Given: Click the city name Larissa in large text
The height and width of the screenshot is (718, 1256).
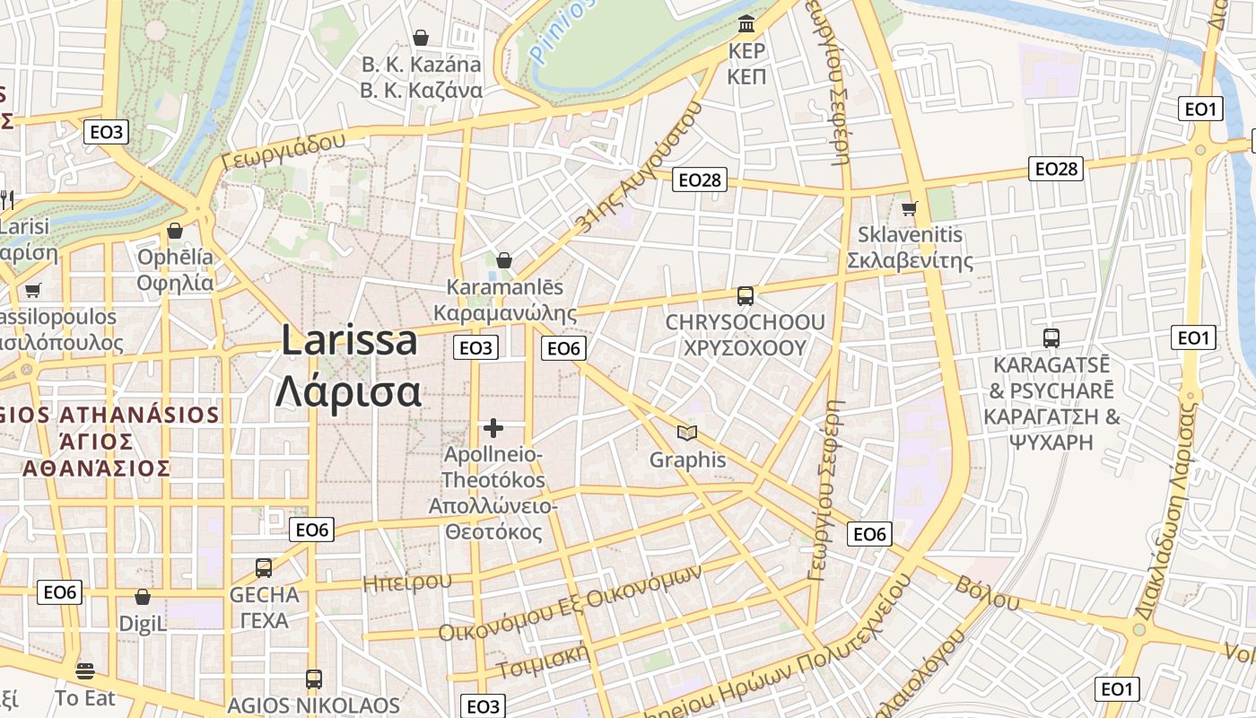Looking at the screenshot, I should click(349, 341).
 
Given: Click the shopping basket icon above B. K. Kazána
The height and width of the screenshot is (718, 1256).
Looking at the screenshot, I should click(421, 38).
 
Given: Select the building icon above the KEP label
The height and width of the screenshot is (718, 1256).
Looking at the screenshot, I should click(746, 22).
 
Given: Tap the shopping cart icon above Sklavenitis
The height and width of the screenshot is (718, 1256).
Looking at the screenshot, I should click(910, 209).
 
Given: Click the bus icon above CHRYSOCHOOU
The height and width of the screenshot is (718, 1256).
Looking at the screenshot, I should click(745, 295).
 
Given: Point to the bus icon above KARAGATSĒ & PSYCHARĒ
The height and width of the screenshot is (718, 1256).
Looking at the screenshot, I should click(1051, 338).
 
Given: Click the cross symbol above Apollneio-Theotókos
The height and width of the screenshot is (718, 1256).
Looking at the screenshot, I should click(493, 428).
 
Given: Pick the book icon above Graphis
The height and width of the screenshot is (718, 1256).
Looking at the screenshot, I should click(687, 433).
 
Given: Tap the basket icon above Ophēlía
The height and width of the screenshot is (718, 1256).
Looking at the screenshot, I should click(175, 231).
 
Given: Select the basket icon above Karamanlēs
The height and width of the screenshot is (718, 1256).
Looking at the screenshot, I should click(504, 260).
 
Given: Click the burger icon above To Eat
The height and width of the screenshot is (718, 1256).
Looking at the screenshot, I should click(85, 670).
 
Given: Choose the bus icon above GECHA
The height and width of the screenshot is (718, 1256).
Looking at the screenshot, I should click(264, 567).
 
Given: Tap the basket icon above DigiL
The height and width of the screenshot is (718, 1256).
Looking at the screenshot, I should click(143, 597).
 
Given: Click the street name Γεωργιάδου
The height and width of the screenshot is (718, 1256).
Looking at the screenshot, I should click(283, 150).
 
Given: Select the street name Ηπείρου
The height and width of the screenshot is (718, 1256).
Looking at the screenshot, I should click(407, 582).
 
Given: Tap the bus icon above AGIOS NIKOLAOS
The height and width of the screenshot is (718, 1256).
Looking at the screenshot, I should click(313, 679).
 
